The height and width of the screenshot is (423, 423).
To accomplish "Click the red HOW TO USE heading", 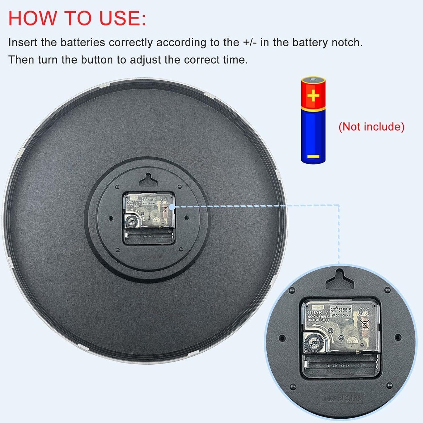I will (77, 18).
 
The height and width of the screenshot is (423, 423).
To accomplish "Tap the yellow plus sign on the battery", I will (313, 95).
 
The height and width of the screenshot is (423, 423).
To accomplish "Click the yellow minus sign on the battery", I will (313, 157).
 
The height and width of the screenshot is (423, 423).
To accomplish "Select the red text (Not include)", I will (371, 127).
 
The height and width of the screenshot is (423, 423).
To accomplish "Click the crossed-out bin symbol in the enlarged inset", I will (365, 324).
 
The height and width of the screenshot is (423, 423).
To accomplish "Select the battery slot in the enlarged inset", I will (340, 365).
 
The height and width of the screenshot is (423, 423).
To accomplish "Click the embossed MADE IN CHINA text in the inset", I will (341, 398).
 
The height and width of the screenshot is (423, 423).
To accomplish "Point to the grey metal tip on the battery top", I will (313, 79).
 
